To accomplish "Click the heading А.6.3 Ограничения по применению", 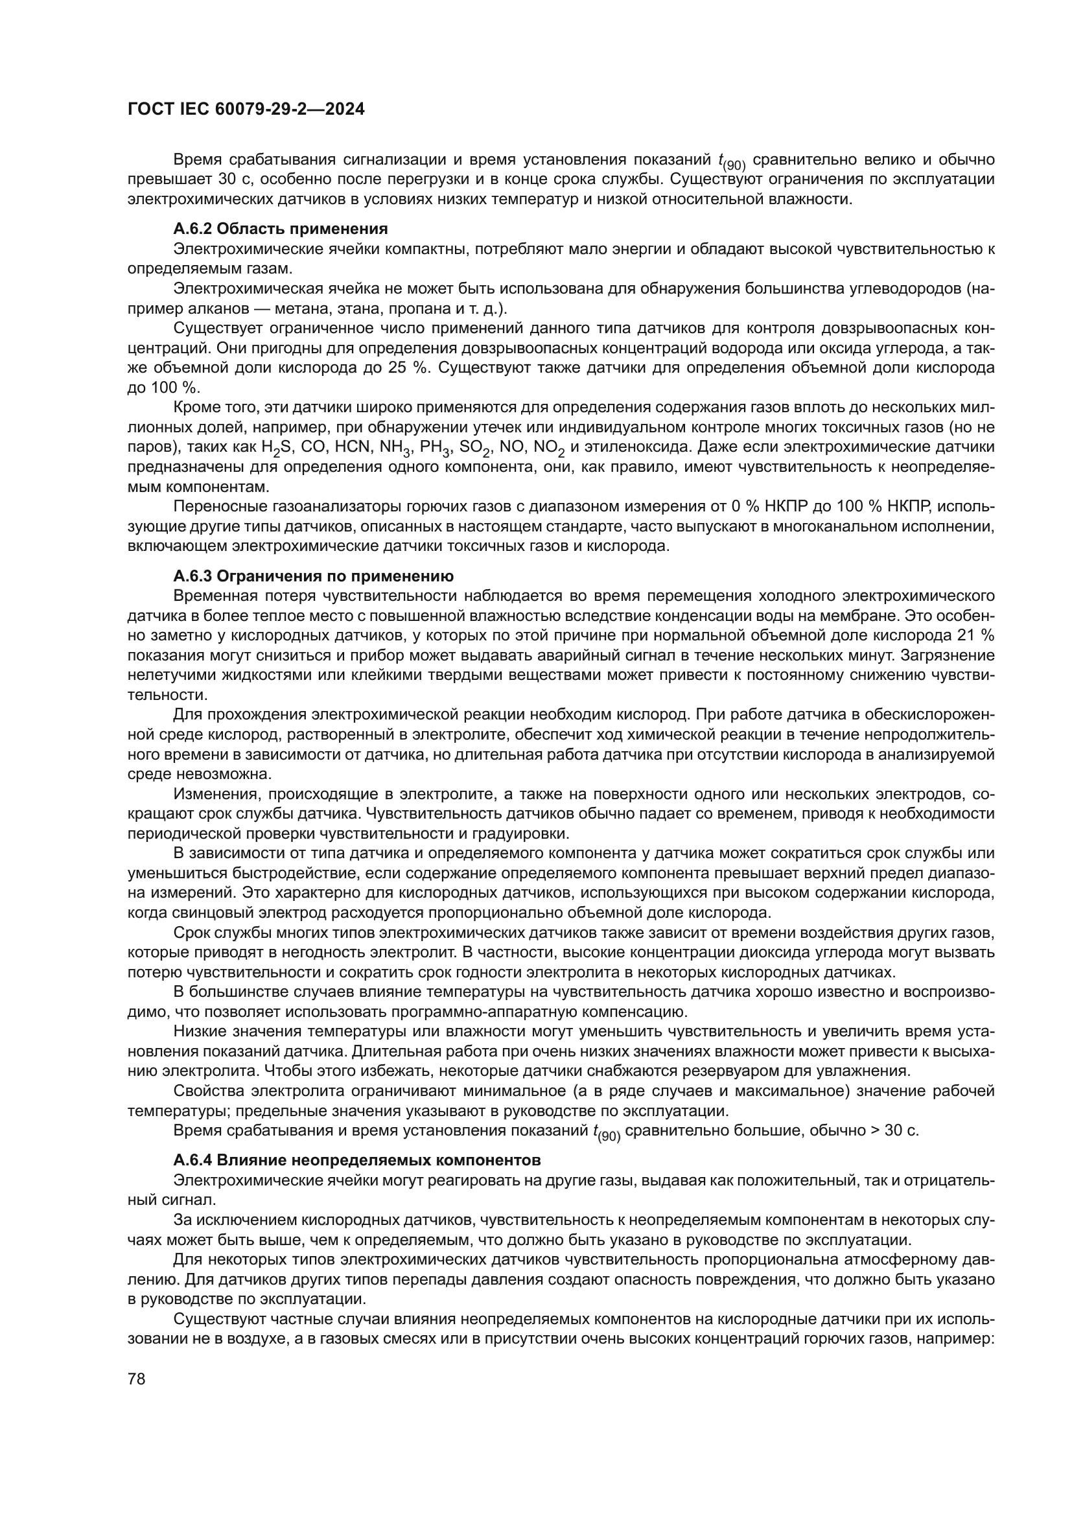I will point(313,576).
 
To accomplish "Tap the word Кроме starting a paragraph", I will point(194,408).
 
